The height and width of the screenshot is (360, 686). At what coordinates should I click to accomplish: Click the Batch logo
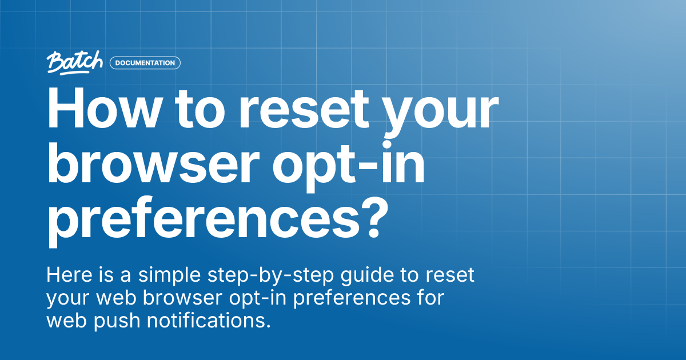(75, 62)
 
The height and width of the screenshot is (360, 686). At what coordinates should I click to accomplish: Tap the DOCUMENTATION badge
(145, 63)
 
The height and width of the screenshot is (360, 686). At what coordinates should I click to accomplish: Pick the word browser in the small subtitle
(180, 298)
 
